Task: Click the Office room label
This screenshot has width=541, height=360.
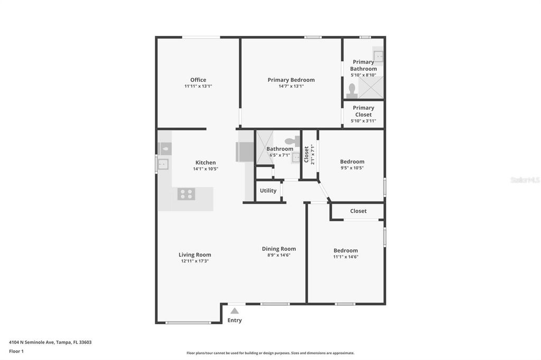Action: click(198, 80)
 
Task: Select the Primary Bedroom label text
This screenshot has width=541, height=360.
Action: click(291, 80)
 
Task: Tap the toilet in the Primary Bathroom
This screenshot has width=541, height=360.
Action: click(352, 91)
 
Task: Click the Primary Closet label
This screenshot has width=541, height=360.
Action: click(363, 111)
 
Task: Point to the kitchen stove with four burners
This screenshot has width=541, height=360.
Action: click(185, 194)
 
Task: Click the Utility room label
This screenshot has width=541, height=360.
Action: click(268, 191)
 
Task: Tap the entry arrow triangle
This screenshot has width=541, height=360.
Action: click(235, 311)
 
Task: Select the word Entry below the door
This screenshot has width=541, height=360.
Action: click(235, 320)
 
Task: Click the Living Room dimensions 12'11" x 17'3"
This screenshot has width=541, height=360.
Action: click(195, 261)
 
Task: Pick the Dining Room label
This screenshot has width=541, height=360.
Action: click(279, 249)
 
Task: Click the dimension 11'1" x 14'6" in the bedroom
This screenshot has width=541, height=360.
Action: click(346, 257)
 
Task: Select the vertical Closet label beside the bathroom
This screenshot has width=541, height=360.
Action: click(306, 155)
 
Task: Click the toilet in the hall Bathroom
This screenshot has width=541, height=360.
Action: click(291, 141)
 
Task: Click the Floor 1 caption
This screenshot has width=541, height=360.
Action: click(16, 351)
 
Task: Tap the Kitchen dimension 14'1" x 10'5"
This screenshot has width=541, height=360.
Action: click(206, 169)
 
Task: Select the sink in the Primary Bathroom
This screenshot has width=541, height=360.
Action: click(378, 55)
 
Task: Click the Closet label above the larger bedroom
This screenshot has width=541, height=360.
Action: click(358, 211)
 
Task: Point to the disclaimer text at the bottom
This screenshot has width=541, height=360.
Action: click(270, 353)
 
